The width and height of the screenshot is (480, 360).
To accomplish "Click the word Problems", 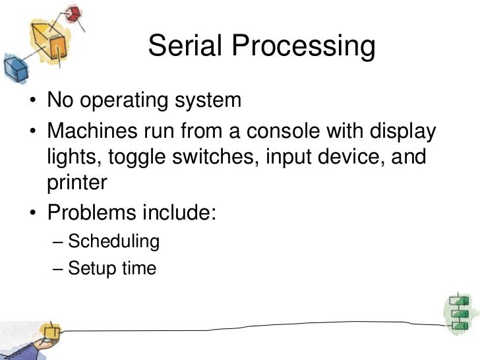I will pyautogui.click(x=92, y=213).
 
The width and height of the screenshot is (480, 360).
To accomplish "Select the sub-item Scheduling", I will pyautogui.click(x=113, y=241).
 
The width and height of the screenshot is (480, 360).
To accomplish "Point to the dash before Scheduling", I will pyautogui.click(x=57, y=241).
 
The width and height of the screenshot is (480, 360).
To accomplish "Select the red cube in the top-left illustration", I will pyautogui.click(x=73, y=13).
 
